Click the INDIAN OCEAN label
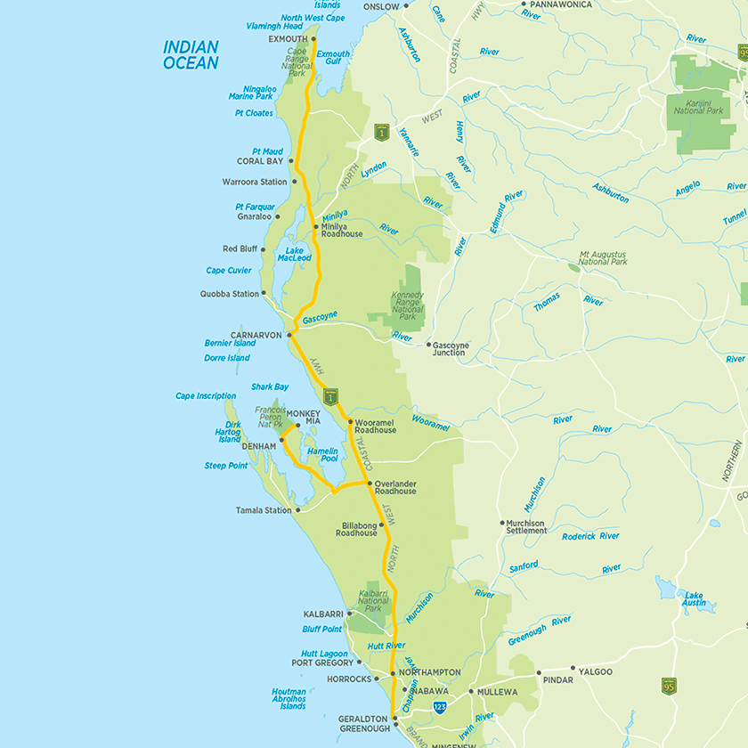tap(191, 55)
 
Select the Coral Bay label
tap(259, 161)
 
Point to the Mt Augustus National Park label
tap(603, 258)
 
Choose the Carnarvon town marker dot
tap(290, 336)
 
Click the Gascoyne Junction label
tap(449, 348)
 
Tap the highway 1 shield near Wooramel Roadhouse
tap(330, 395)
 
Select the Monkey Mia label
tap(303, 416)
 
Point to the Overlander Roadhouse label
tap(394, 487)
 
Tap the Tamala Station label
tap(264, 510)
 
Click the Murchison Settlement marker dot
tap(502, 524)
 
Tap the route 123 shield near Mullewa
tap(440, 705)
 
